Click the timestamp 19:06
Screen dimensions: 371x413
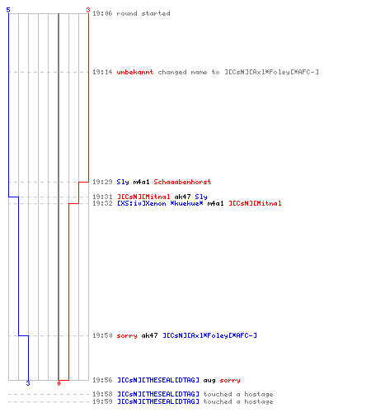point(102,13)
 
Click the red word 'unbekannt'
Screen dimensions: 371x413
point(135,72)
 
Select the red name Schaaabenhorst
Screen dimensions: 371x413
point(182,182)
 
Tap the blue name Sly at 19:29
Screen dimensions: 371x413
point(123,183)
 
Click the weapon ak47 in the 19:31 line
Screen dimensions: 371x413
point(182,197)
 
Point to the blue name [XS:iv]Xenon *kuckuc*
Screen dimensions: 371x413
point(160,203)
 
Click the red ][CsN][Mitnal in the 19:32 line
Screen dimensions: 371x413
point(255,203)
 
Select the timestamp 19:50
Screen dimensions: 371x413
point(102,335)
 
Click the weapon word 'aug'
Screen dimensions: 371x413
point(209,381)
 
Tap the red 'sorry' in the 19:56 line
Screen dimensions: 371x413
point(230,381)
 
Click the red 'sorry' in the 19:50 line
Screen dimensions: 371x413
point(127,336)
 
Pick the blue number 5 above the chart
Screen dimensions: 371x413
point(8,10)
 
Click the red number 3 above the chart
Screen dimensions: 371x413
point(88,10)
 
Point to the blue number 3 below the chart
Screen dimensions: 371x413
point(28,383)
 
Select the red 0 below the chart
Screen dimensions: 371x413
point(59,383)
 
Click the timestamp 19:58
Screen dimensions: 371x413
point(102,394)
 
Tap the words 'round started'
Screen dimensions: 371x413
point(143,13)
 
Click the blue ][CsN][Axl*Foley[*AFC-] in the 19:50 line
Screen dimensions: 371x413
point(209,335)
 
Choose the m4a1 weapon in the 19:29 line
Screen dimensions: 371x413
point(141,182)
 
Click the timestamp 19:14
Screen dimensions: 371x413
point(102,72)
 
